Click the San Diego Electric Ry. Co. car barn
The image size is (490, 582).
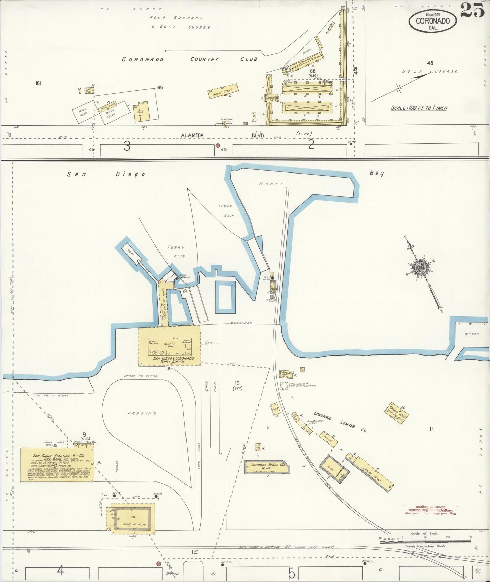[57, 464]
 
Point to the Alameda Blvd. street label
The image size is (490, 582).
[193, 135]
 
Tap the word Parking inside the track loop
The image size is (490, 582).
[141, 413]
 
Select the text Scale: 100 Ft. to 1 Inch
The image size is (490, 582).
[419, 108]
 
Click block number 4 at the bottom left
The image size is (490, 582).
[61, 571]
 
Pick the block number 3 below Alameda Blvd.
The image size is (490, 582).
[126, 146]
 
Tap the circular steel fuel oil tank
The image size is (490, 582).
[284, 386]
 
